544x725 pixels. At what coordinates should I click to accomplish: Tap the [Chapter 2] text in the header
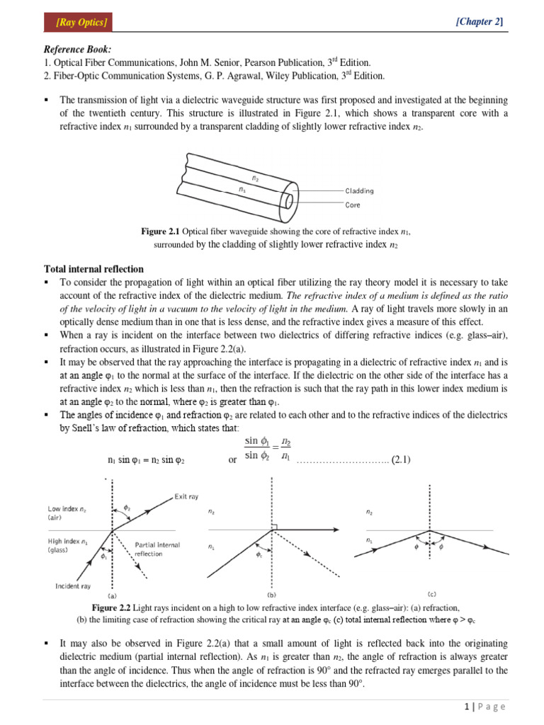480,22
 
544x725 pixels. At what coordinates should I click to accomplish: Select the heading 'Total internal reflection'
93,269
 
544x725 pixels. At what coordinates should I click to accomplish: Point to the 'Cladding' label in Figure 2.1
360,190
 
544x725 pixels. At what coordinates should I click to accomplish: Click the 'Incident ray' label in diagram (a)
73,586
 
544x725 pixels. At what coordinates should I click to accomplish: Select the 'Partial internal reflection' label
157,549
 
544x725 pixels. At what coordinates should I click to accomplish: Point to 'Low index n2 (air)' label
68,513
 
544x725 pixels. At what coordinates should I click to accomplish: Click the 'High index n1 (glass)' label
68,545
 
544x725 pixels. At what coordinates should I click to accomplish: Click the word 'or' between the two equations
232,460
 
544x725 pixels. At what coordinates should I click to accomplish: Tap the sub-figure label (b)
272,595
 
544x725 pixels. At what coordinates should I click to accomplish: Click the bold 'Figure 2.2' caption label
112,608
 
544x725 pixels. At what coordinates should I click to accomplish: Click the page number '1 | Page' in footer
480,707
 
